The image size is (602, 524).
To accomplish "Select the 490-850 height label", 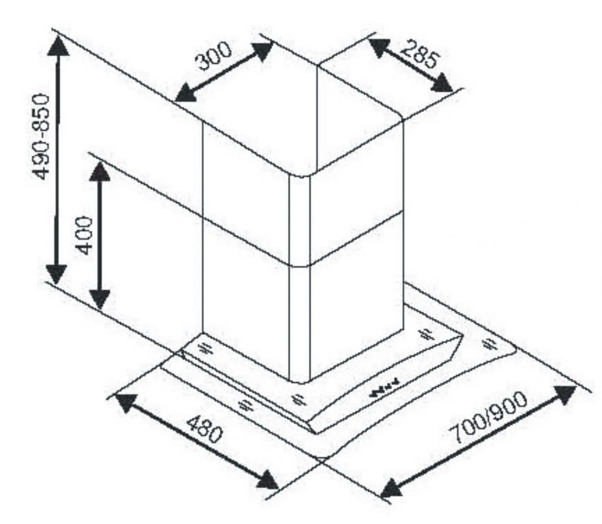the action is pyautogui.click(x=41, y=137).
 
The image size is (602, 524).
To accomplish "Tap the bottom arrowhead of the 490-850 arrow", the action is pyautogui.click(x=56, y=274).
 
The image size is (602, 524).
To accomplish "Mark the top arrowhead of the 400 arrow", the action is pyautogui.click(x=100, y=172).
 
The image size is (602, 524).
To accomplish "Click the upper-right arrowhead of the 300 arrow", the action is pyautogui.click(x=261, y=51).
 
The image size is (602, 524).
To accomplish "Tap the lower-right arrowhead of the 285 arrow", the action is pyautogui.click(x=441, y=83).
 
